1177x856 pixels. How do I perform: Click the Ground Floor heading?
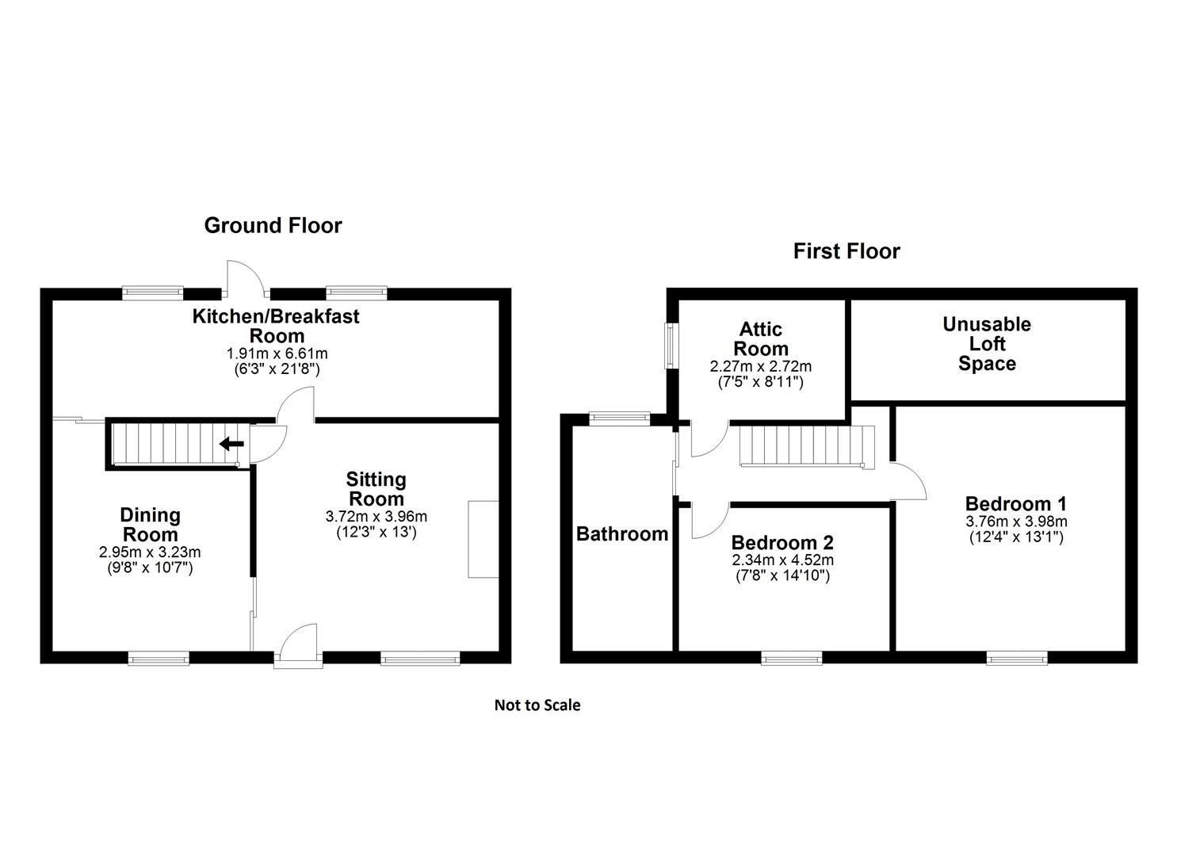[x=273, y=225]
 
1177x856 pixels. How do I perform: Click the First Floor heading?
[x=846, y=251]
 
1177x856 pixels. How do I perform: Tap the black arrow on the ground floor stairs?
[x=231, y=444]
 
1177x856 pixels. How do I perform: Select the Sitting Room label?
[x=376, y=489]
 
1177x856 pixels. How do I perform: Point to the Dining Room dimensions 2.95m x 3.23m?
[x=150, y=552]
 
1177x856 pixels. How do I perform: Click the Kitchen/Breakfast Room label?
[x=276, y=325]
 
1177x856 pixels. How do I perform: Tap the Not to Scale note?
[x=537, y=705]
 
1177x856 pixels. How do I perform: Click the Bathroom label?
[x=622, y=533]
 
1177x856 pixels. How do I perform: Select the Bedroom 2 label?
[x=782, y=543]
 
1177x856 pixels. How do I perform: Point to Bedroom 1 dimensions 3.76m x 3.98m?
[x=1016, y=522]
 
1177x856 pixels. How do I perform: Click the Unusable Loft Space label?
[x=987, y=344]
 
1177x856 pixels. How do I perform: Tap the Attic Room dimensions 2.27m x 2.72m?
[x=760, y=367]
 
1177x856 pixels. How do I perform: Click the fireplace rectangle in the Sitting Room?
[x=483, y=539]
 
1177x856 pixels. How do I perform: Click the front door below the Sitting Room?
[x=299, y=646]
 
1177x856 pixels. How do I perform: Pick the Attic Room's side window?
[x=671, y=346]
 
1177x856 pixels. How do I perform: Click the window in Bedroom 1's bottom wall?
[x=1017, y=657]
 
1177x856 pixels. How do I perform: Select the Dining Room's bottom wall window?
[x=159, y=657]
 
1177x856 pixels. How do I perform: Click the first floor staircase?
[x=804, y=447]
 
